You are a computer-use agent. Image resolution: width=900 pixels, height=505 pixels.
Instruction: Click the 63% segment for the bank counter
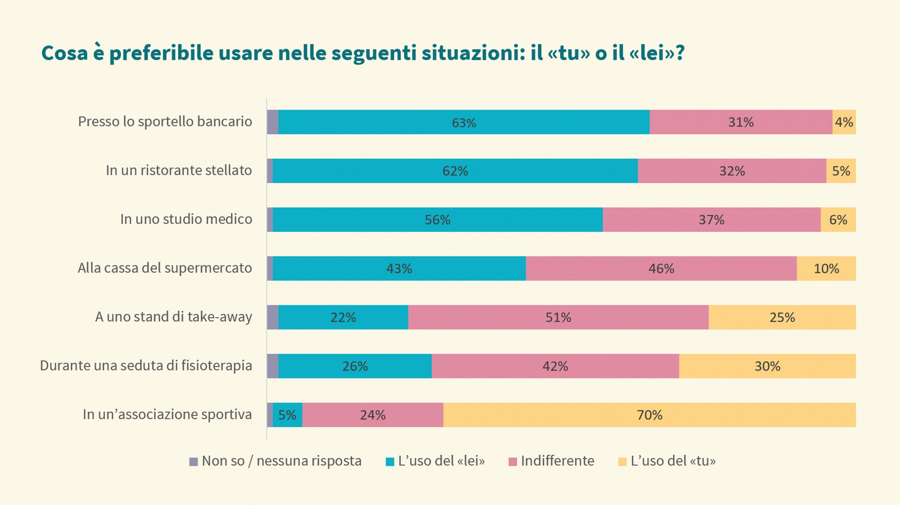coord(464,122)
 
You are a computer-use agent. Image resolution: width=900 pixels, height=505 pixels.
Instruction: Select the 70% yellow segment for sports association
coord(649,414)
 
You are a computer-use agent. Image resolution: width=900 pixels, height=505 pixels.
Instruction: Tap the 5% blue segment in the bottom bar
coord(287,414)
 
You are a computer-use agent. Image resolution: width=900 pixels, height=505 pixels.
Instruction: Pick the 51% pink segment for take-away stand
coord(558,317)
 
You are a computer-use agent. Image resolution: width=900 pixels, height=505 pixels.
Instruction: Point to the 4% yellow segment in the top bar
coord(844,122)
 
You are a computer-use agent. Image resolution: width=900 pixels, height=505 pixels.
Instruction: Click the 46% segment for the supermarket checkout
coord(661,268)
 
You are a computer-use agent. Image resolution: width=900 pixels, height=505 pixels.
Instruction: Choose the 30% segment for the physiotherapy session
coord(767,366)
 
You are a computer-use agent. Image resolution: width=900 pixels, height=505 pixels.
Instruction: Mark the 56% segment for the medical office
coord(437,220)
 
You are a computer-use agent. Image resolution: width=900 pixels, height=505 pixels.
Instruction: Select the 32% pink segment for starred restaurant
coord(732,171)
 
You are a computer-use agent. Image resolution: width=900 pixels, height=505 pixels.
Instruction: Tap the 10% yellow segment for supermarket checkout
coord(826,268)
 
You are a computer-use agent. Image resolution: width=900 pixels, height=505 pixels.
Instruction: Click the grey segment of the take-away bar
coord(273,317)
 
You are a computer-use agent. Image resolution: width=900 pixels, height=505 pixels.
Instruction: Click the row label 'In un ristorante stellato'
coord(179,170)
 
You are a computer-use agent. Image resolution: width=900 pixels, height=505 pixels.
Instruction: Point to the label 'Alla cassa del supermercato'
coord(165,268)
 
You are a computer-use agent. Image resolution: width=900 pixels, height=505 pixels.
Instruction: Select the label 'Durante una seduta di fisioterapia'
coord(146,365)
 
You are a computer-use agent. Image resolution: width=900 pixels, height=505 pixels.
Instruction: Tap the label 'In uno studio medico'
coord(186,219)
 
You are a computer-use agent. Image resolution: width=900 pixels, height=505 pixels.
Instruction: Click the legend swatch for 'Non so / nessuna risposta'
coord(194,462)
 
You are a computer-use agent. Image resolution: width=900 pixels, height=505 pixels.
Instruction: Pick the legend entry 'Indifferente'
coord(557,461)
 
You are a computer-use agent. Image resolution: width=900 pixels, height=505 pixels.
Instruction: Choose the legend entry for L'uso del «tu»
coord(673,461)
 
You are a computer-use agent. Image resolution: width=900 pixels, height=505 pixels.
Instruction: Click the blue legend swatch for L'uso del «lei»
coord(390,462)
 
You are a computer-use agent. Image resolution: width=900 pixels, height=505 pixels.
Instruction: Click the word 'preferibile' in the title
coord(161,53)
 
